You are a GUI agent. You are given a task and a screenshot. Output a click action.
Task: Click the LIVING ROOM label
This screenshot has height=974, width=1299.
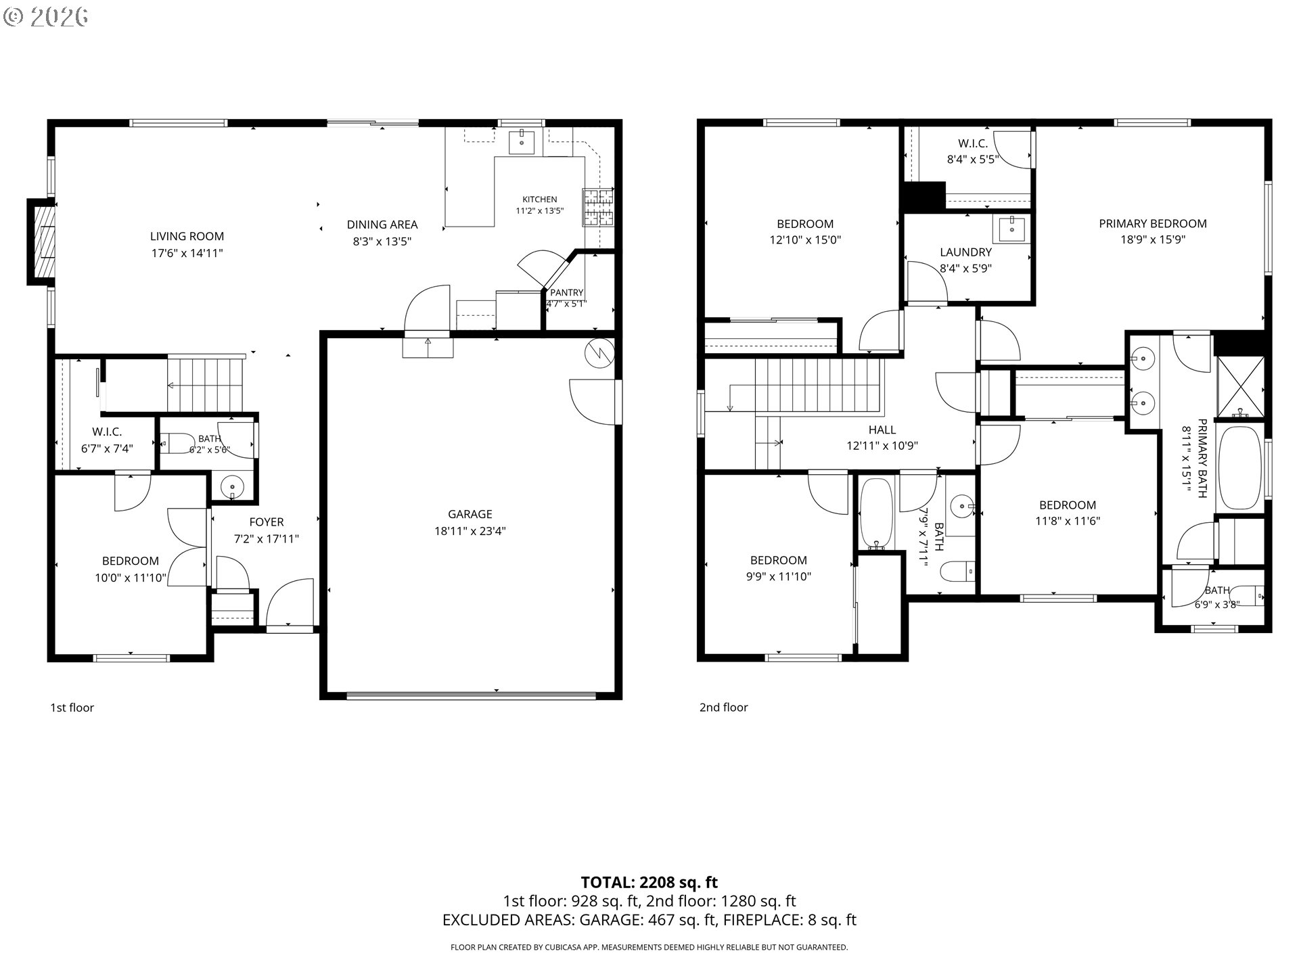(187, 236)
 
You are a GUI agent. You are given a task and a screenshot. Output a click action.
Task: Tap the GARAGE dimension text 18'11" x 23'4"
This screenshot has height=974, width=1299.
(470, 531)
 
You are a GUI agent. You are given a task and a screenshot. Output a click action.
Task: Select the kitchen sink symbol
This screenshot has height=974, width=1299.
(522, 143)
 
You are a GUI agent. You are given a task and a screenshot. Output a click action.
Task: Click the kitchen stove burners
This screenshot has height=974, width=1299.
(598, 208)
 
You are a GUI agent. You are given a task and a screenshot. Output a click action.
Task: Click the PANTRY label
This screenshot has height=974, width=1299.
(566, 292)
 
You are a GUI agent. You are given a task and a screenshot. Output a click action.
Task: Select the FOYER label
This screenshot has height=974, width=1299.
(267, 522)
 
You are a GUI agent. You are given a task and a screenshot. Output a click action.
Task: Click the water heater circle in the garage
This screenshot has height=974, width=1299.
(600, 352)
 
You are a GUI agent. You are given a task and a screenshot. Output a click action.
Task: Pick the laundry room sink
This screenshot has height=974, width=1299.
(1011, 229)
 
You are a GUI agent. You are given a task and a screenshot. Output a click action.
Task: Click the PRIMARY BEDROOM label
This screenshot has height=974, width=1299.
(1153, 223)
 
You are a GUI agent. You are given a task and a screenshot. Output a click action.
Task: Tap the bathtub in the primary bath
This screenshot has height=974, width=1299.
(1240, 467)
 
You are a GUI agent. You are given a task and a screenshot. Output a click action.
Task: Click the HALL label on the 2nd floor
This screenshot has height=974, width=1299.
(882, 430)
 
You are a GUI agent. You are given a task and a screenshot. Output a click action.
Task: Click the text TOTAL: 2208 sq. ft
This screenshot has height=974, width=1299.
(649, 882)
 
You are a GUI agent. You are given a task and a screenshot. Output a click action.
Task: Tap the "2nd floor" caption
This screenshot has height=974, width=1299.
(723, 708)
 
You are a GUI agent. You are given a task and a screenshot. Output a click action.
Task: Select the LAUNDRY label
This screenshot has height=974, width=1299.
(965, 252)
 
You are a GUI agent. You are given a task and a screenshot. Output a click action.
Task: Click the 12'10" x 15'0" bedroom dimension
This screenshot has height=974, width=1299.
(805, 239)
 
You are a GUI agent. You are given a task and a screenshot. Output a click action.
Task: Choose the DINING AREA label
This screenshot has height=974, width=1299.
(382, 225)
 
